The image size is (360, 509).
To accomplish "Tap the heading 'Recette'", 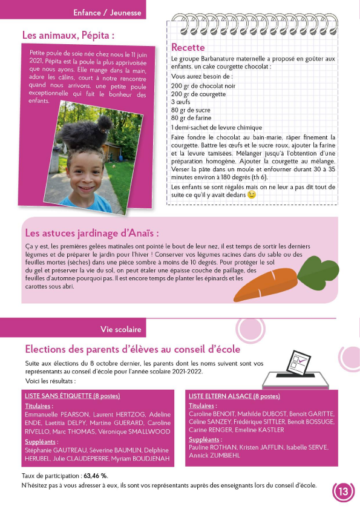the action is (188, 47).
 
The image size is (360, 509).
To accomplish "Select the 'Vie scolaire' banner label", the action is (121, 329).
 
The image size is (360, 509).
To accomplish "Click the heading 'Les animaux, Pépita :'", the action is (68, 35).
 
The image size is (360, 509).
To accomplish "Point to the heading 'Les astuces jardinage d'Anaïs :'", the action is (92, 233).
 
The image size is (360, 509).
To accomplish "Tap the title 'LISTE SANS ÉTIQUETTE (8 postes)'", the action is (73, 396).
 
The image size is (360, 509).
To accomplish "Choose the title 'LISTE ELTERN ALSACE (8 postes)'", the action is (234, 396).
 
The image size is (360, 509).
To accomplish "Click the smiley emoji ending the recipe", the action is (252, 195).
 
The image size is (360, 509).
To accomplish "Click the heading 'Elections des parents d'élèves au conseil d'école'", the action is (133, 349).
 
